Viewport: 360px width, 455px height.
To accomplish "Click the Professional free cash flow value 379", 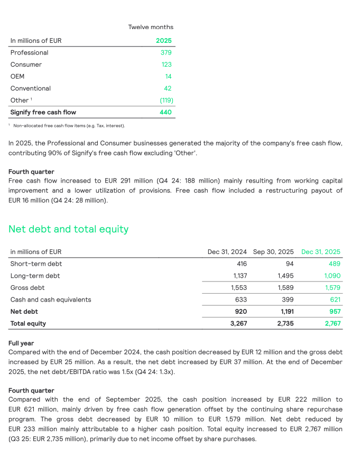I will pos(166,52).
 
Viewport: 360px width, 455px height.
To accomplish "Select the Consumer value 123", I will pos(166,65).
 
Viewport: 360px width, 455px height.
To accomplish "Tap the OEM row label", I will pos(17,76).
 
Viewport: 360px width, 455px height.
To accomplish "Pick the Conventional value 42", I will pos(168,88).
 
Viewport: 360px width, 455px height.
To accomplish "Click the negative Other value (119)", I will pos(167,100).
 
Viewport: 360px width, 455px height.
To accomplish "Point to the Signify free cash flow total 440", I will pos(165,112).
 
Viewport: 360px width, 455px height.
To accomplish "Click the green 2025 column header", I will pos(163,41).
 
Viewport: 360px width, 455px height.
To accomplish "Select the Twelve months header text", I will pos(151,27).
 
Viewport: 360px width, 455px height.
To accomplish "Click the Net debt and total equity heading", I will pos(68,229).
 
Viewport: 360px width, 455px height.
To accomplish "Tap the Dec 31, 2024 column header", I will pos(227,252).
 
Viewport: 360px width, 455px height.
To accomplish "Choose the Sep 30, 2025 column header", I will pos(273,252).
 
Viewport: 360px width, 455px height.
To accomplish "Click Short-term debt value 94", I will pos(289,263).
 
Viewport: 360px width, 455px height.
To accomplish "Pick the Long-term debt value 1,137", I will pos(239,276).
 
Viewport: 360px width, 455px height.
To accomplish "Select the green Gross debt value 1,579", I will pos(332,288).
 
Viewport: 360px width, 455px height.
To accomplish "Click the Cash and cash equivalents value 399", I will pos(286,299).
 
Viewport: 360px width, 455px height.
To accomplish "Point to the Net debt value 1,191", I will pos(284,312).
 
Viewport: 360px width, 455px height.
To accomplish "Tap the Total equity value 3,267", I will pos(238,323).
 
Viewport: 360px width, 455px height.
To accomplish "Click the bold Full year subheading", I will pos(21,343).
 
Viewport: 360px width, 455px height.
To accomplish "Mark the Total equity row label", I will pos(28,323).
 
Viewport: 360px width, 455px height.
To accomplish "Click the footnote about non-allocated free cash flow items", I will pos(69,125).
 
